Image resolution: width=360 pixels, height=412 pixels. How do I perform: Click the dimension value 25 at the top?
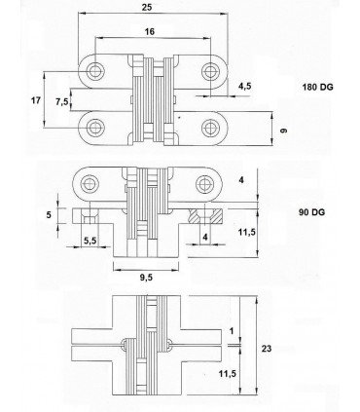[147, 7]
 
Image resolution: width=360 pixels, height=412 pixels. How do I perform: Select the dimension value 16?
[150, 31]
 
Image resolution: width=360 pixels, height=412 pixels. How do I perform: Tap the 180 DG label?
[317, 87]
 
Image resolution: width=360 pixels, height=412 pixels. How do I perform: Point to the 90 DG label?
[311, 212]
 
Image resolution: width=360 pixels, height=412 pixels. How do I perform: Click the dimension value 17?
[36, 100]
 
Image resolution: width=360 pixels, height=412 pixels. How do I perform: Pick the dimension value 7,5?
[62, 101]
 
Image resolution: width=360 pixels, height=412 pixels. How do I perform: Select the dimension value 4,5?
[244, 86]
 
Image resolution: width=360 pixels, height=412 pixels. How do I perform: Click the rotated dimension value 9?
[283, 131]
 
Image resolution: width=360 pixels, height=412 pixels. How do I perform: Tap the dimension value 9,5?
[146, 278]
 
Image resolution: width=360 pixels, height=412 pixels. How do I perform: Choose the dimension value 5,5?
[90, 241]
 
